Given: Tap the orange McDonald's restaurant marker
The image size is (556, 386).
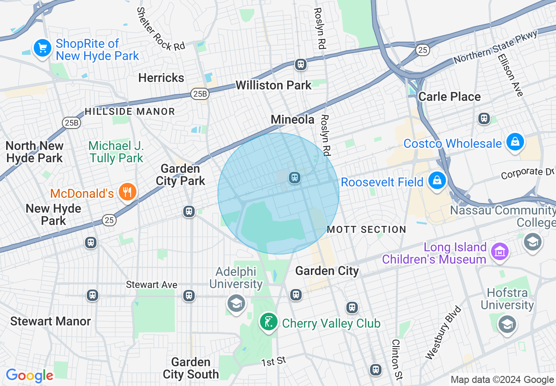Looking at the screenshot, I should click(x=127, y=192).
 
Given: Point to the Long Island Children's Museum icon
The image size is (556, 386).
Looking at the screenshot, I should click(x=499, y=252).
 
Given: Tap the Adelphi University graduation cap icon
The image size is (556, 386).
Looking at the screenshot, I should click(x=236, y=303).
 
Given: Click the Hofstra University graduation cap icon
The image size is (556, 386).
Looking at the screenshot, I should click(x=507, y=324).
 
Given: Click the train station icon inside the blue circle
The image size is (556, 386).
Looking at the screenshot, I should click(x=294, y=177).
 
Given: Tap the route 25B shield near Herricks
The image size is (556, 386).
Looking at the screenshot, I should click(x=200, y=93).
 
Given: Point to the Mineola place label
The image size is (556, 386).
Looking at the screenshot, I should click(x=292, y=119).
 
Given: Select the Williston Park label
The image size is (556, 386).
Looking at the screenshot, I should click(x=273, y=85).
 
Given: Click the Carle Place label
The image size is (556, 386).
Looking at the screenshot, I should click(x=449, y=96).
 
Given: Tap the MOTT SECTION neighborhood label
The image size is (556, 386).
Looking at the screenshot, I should click(x=367, y=229).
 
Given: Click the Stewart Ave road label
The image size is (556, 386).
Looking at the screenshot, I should click(x=152, y=285).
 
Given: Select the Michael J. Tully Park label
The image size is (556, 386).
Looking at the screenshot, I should click(x=116, y=152).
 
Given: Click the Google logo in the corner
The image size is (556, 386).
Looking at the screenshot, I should click(x=29, y=375).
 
